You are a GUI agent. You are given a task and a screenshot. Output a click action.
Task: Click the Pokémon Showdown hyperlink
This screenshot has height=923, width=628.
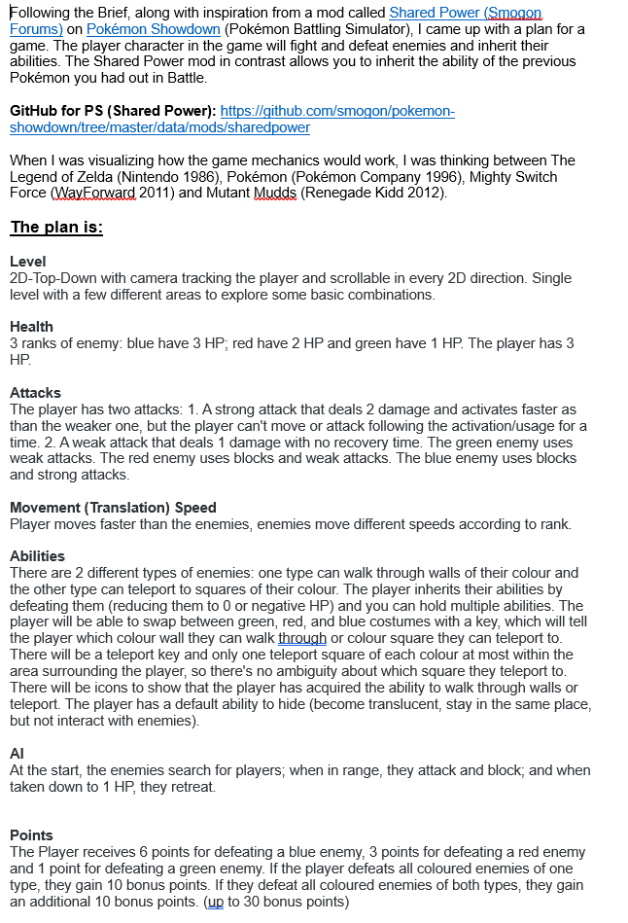pos(153,29)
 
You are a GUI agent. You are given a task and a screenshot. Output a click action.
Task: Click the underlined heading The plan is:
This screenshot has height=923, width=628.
pos(56,228)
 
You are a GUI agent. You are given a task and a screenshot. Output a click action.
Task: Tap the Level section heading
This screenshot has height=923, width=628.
pos(27,262)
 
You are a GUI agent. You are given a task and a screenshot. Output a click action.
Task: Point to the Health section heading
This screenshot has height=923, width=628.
pos(31,327)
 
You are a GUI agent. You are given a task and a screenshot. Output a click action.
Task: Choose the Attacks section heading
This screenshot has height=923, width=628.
pos(35,393)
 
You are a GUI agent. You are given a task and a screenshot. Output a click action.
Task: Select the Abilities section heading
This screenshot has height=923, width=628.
pos(37,556)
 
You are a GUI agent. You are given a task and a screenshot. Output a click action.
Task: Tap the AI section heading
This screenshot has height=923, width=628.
pos(17,754)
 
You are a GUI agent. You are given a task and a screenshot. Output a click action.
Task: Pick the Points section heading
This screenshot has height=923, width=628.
pos(31,835)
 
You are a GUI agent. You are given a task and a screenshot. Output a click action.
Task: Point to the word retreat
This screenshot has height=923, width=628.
pos(191,787)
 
